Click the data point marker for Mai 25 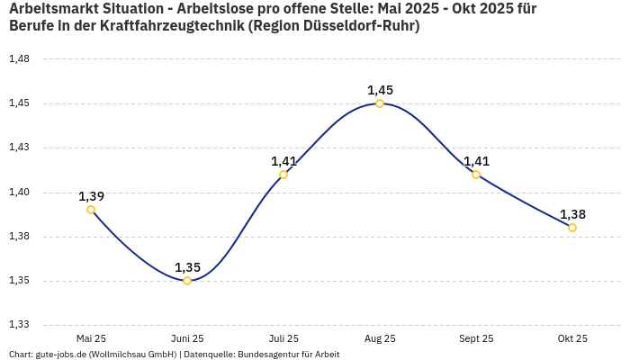(91, 210)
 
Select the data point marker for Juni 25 (187, 281)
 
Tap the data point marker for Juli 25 (283, 175)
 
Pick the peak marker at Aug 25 (380, 103)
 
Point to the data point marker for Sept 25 (476, 175)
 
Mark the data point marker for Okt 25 (572, 228)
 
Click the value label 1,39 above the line (91, 196)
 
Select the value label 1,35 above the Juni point (187, 267)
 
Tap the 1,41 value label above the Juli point (283, 161)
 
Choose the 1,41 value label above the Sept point (476, 161)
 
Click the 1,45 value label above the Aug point (380, 90)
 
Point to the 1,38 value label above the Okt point (572, 214)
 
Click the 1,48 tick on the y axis (19, 58)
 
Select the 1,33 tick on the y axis (19, 325)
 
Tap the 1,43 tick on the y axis (19, 148)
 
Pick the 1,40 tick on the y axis (19, 192)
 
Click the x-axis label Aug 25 (380, 338)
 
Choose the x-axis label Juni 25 (187, 338)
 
